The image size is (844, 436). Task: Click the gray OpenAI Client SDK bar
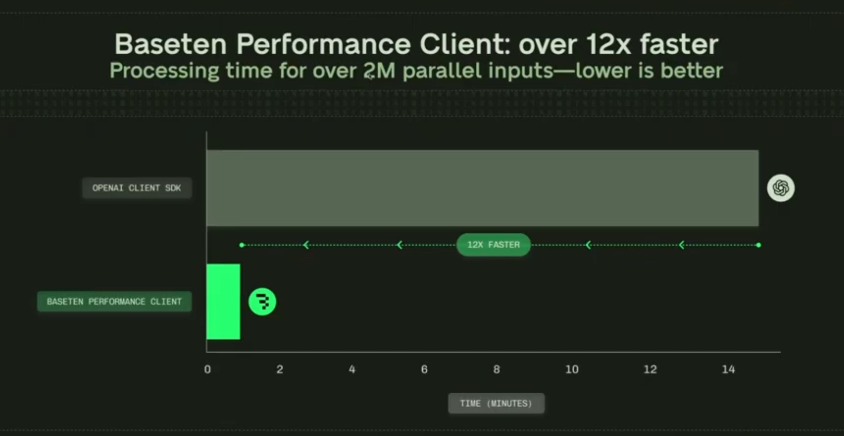click(482, 188)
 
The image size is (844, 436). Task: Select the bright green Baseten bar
click(223, 301)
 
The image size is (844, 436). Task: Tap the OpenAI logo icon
click(781, 188)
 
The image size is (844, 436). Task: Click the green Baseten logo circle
click(262, 301)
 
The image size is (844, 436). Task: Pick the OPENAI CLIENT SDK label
click(137, 188)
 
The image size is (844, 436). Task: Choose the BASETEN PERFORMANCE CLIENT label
click(114, 301)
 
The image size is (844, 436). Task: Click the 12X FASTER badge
click(493, 245)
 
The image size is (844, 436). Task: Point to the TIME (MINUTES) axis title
click(496, 403)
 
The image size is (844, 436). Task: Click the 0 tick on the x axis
click(207, 369)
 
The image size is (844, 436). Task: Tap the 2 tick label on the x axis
click(280, 369)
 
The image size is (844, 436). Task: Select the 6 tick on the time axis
click(424, 369)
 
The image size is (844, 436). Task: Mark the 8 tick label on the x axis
click(496, 369)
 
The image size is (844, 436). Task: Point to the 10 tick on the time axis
click(572, 369)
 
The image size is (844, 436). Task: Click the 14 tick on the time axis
click(728, 369)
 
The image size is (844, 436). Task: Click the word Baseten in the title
click(170, 44)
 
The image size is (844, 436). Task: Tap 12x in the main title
click(608, 44)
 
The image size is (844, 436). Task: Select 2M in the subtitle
click(379, 71)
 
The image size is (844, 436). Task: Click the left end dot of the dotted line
click(242, 245)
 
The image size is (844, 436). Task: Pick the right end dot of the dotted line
click(758, 245)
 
